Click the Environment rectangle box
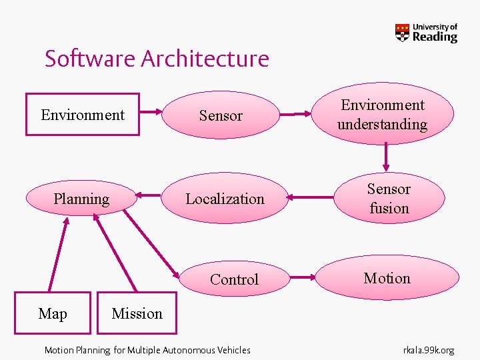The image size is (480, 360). tap(83, 115)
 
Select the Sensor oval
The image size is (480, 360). tap(221, 115)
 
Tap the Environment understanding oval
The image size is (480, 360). tap(382, 115)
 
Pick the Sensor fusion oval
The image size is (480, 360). tap(389, 199)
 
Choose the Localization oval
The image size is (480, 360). tap(225, 199)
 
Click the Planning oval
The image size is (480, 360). tap(81, 199)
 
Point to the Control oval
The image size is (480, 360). tap(234, 279)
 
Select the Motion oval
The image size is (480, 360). tap(387, 278)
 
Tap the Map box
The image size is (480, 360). tap(53, 313)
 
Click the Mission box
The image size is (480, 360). tap(137, 313)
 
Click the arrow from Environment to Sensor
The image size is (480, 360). tap(151, 112)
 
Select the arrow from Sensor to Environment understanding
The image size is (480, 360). tap(297, 115)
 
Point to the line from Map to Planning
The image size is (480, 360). tap(58, 256)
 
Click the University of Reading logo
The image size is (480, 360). tap(427, 33)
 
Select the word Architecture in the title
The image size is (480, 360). tap(205, 59)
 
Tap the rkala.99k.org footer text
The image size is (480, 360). tap(429, 350)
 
